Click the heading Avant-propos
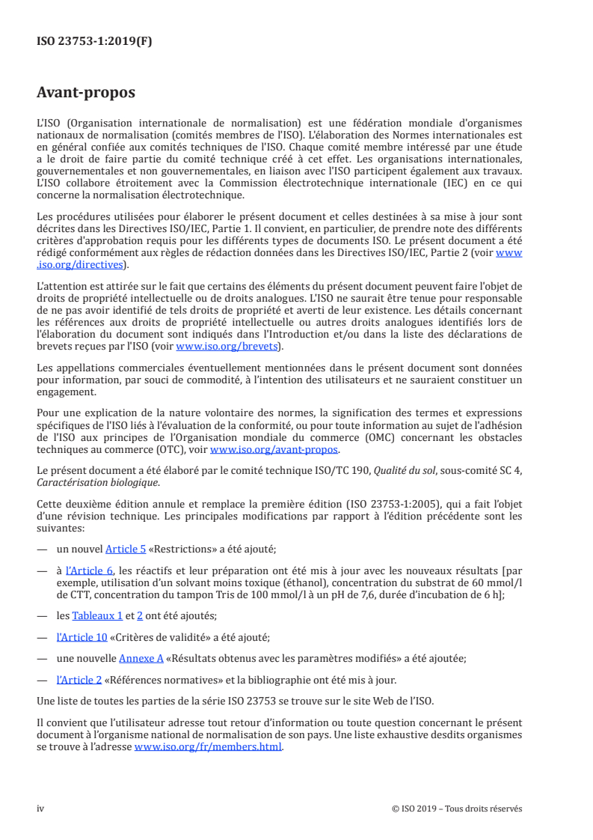pyautogui.click(x=86, y=94)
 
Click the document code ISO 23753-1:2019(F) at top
pyautogui.click(x=94, y=42)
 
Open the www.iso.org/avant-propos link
pyautogui.click(x=274, y=450)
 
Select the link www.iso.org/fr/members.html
pyautogui.click(x=208, y=748)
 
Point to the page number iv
pyautogui.click(x=41, y=809)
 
